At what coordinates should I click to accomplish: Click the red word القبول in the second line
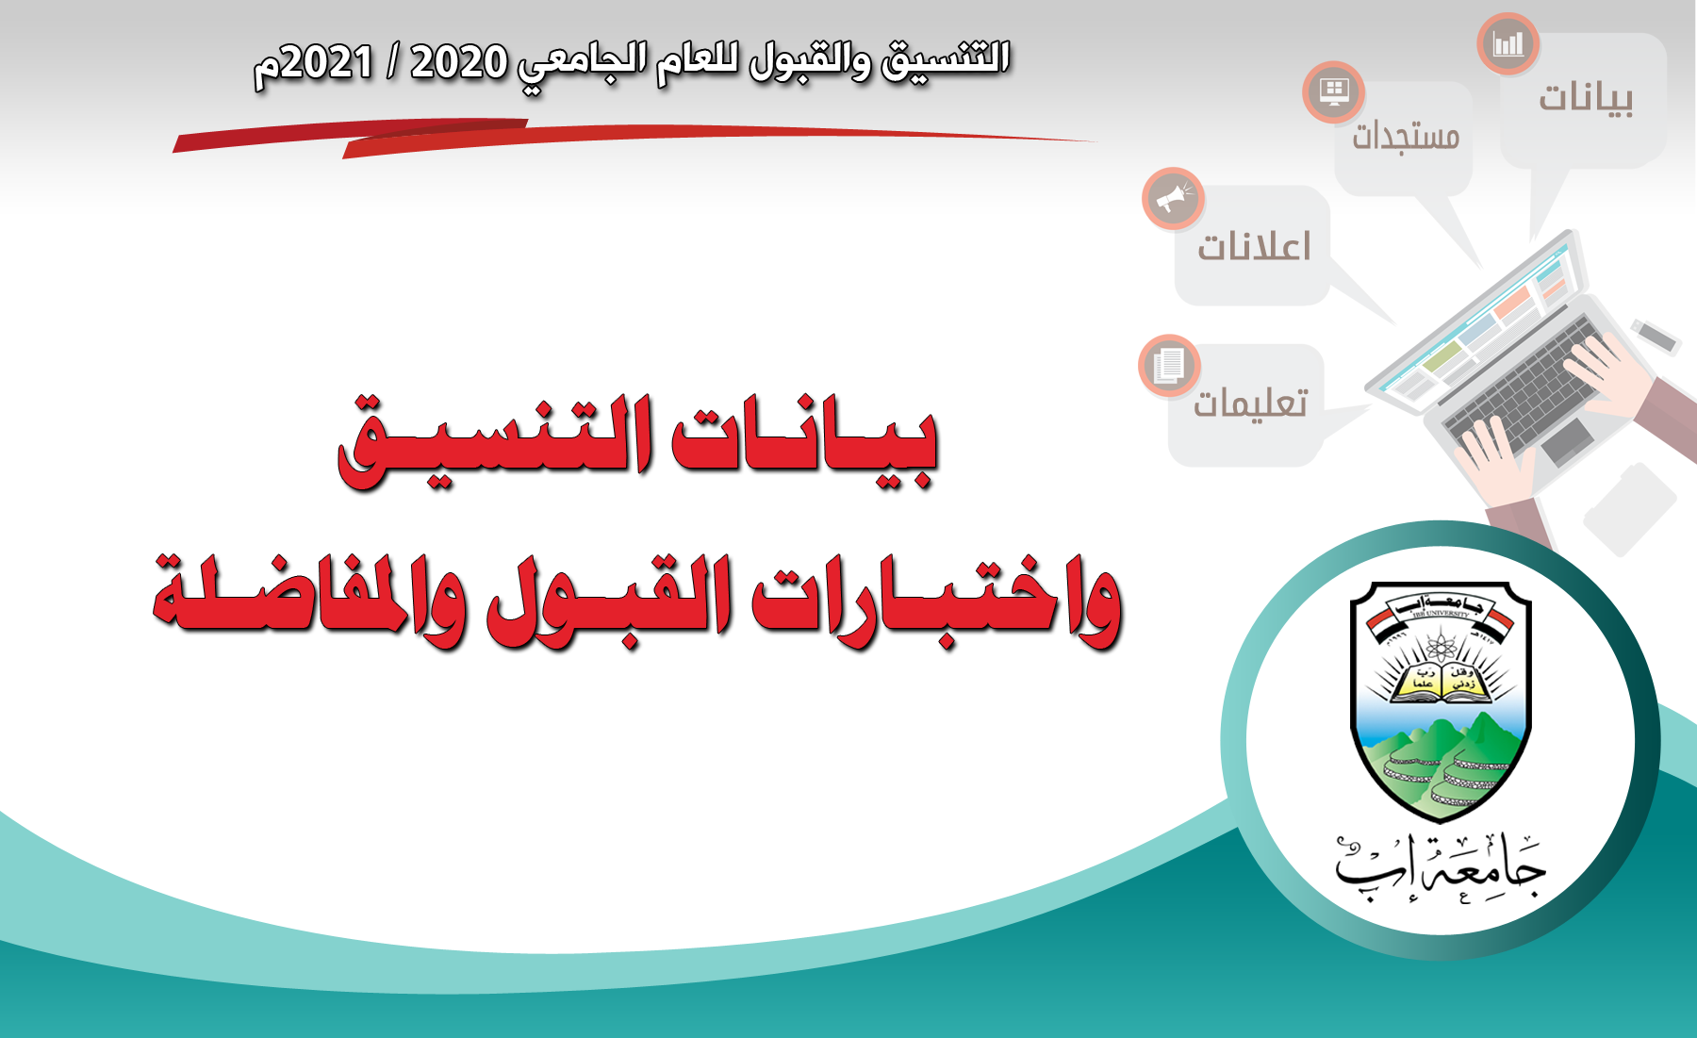(x=609, y=603)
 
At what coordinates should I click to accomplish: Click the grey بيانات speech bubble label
(x=1586, y=98)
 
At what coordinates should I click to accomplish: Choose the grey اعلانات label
(x=1254, y=246)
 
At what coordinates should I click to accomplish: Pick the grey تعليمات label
(x=1250, y=404)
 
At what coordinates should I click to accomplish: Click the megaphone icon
(x=1173, y=199)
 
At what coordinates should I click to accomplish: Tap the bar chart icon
(x=1508, y=43)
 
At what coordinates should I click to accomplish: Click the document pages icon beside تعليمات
(x=1169, y=365)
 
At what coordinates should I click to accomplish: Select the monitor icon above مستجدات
(x=1334, y=91)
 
